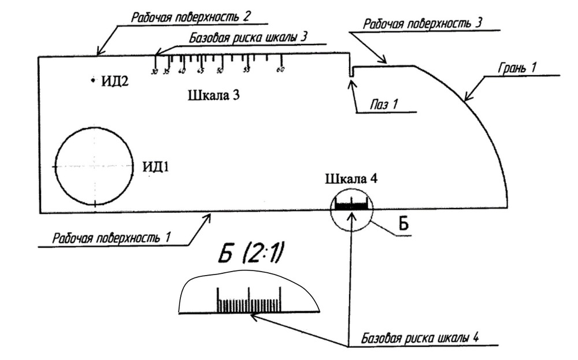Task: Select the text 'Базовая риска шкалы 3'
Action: [x=248, y=36]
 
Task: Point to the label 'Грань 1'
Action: [x=518, y=68]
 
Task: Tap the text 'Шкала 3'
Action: [x=214, y=95]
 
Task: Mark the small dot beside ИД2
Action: [x=92, y=80]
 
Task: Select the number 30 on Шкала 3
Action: [x=154, y=72]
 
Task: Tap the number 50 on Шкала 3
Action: [x=220, y=71]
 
